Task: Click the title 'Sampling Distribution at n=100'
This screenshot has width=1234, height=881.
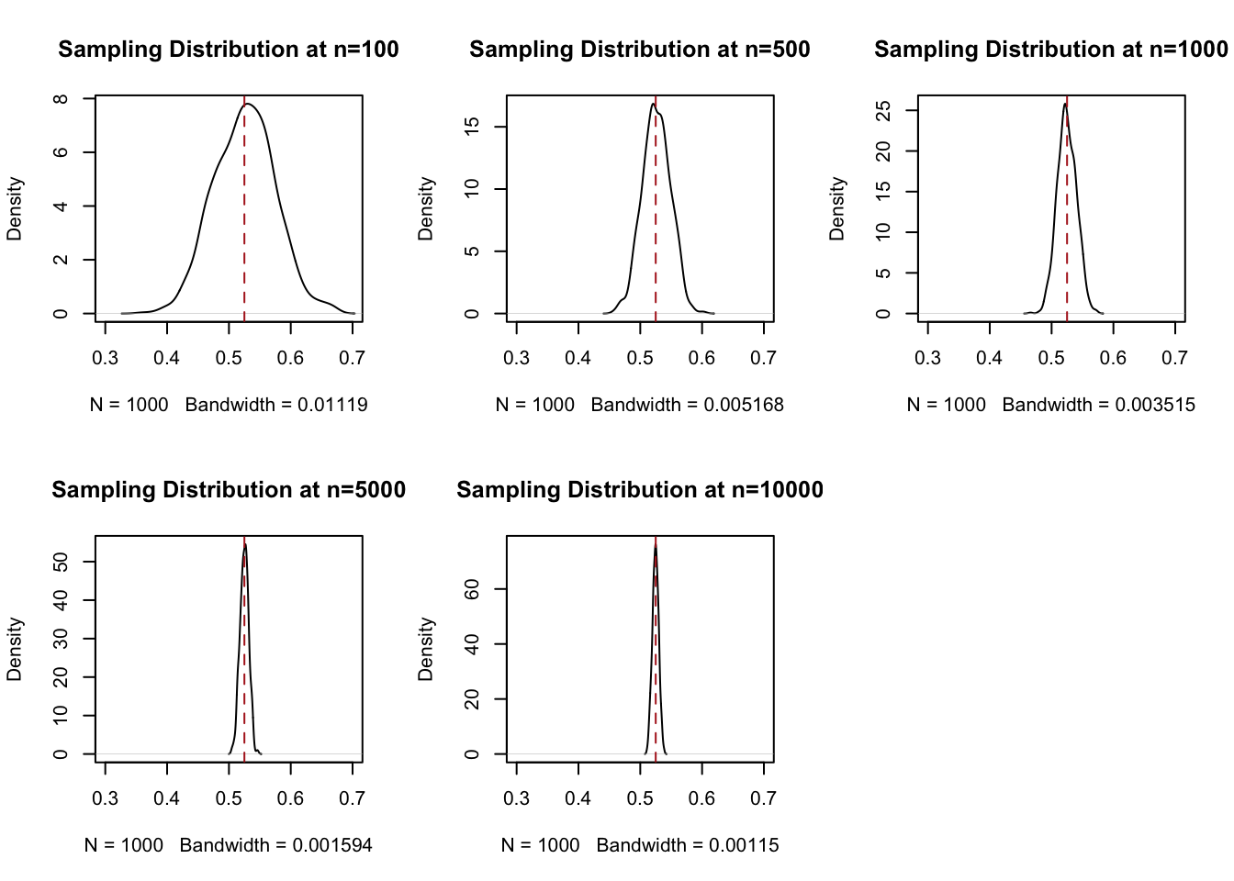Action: [229, 50]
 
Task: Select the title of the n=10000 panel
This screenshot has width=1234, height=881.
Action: [640, 490]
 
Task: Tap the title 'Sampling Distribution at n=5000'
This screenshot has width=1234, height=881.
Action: [229, 490]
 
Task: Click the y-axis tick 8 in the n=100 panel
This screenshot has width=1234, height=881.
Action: [61, 98]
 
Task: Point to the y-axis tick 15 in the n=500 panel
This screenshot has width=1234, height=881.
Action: [472, 126]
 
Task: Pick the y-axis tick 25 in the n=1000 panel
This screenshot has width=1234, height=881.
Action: [883, 110]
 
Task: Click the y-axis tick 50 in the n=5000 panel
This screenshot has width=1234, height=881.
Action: [61, 561]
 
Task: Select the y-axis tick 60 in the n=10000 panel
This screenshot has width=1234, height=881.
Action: [472, 588]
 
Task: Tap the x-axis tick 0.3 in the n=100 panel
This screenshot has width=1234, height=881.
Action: [106, 358]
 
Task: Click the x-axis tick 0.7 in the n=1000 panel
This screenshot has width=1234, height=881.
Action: [1174, 358]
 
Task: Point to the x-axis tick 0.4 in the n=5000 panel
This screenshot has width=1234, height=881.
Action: [167, 798]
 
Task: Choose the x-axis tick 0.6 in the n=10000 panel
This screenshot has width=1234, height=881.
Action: [701, 798]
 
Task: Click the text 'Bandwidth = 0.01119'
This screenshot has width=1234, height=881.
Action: [276, 405]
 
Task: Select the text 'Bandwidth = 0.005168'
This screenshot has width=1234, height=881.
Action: [688, 405]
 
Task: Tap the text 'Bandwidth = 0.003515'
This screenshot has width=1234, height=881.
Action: [1099, 405]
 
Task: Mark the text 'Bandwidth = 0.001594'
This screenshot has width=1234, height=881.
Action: [276, 845]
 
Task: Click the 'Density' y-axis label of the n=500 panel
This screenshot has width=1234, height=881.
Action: [425, 209]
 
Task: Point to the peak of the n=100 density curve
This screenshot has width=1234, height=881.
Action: [247, 104]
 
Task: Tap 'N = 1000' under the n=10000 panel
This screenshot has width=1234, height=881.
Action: [541, 845]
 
